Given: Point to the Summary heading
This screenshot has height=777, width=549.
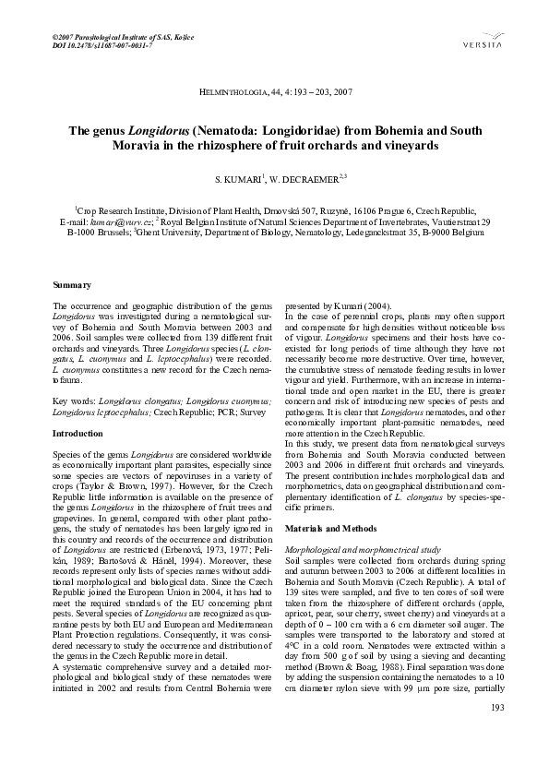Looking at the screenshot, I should tap(72, 287).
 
